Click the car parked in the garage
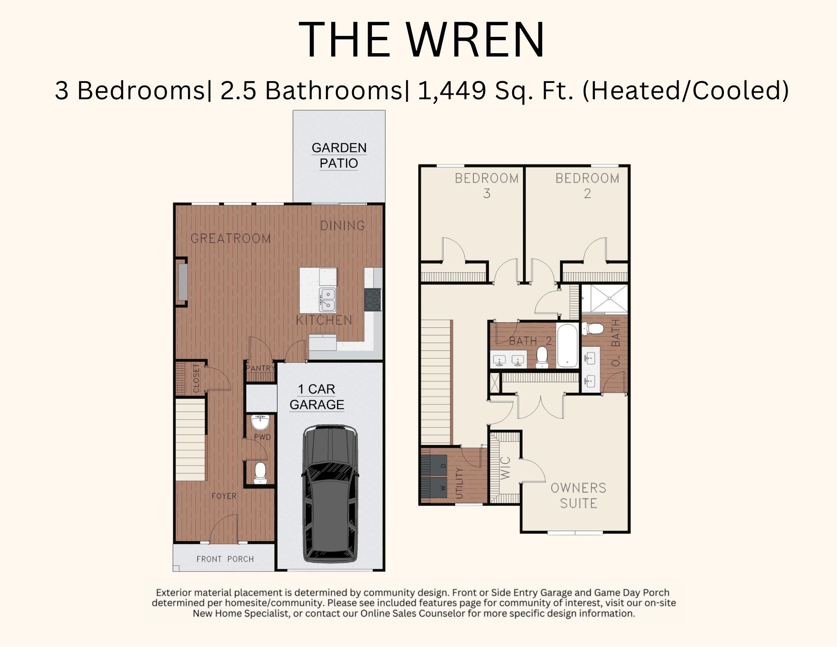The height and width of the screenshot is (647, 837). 330,494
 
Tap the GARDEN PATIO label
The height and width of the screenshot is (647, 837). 339,155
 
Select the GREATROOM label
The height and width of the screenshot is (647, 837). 231,238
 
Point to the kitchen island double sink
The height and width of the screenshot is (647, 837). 327,299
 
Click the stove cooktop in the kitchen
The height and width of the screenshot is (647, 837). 373,299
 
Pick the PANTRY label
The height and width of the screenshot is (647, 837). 260,368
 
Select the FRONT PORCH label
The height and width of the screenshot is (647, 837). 225,559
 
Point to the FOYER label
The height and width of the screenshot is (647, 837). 224,496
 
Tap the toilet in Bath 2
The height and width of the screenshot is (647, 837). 542,357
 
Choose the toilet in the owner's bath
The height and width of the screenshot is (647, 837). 594,328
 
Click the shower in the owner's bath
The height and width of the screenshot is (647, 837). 605,299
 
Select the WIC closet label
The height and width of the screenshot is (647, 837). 505,468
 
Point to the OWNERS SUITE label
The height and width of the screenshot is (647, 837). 579,495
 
